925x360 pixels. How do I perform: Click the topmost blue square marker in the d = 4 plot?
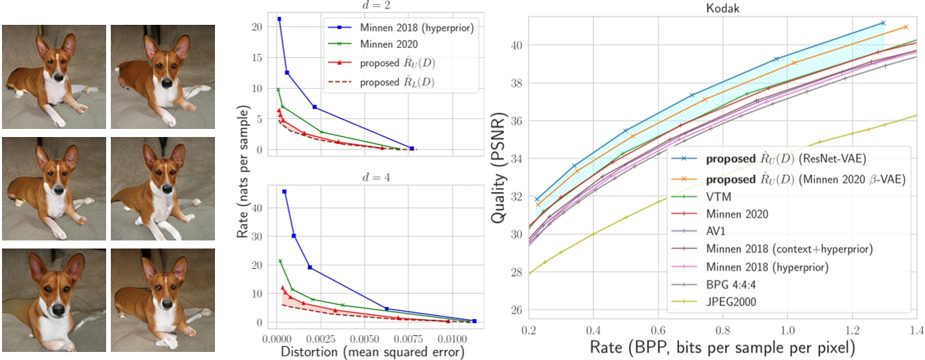284,192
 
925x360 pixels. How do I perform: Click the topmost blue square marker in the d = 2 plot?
279,19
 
